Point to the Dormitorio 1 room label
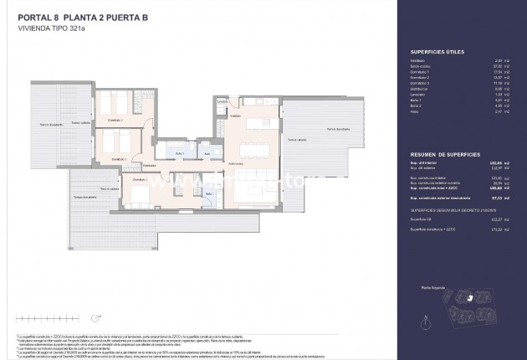(x=139, y=179)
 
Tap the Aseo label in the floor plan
(x=207, y=154)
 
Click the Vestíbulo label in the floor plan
(x=235, y=116)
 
